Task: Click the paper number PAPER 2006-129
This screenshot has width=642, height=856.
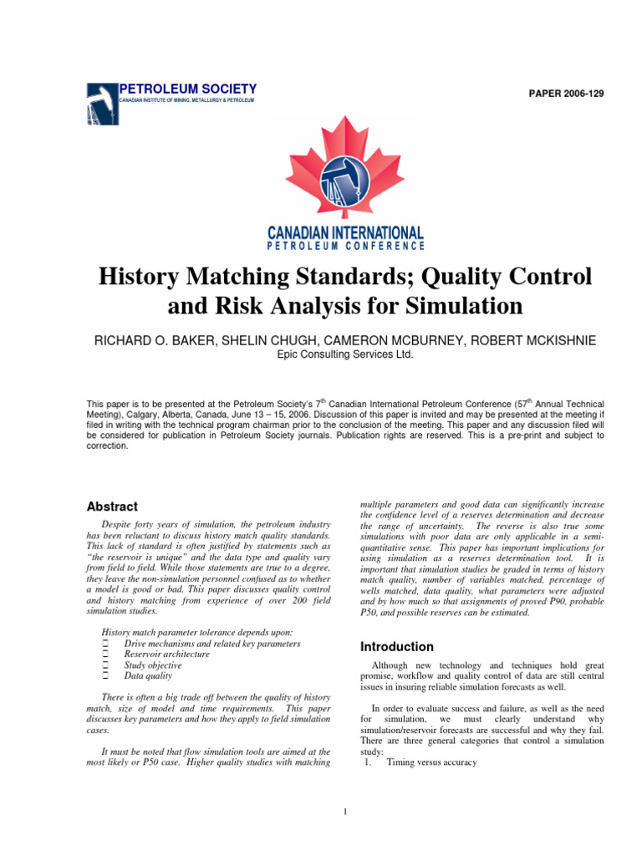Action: point(564,93)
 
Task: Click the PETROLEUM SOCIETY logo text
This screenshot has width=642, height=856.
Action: point(188,89)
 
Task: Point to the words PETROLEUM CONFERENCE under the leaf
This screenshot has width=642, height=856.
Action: point(345,246)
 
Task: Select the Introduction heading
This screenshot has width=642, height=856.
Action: point(396,647)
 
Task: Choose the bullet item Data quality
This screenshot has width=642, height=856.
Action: point(148,676)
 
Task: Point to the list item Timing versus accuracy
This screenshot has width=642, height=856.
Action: point(431,762)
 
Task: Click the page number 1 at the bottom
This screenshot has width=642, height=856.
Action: point(345,811)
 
